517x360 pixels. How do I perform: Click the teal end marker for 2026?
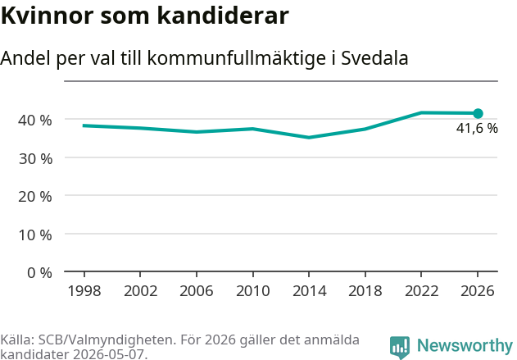478,113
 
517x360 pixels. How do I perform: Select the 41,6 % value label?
477,129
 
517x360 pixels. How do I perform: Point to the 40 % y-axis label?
35,121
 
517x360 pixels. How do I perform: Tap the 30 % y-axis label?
35,159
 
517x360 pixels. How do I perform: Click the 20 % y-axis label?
35,197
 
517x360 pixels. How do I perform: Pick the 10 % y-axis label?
35,235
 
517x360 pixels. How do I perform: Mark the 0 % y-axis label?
39,273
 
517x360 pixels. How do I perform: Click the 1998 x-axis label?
84,291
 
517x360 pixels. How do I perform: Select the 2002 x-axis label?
140,291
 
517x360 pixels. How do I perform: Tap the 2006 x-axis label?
197,291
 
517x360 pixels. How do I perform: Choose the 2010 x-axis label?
253,291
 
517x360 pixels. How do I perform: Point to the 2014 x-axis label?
309,291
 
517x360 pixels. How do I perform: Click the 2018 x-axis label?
365,291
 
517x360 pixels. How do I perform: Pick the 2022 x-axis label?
421,291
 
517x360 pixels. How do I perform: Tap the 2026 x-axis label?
478,291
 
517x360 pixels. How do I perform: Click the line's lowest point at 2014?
309,137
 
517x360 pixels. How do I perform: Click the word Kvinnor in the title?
48,16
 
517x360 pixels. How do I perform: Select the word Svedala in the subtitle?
374,58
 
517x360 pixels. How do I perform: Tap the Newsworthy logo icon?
400,348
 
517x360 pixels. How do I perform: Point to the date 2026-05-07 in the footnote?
108,354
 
